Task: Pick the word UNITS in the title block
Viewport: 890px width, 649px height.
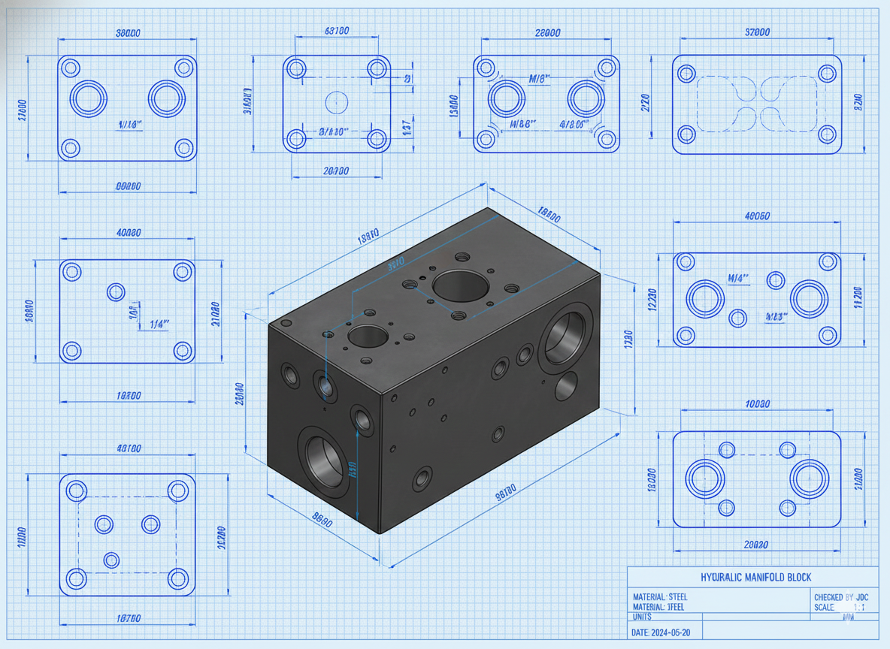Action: coord(643,617)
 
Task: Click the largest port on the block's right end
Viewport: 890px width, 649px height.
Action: coord(567,337)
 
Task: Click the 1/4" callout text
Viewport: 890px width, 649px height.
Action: coord(159,324)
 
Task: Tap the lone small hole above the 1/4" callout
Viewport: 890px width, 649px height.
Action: coord(116,291)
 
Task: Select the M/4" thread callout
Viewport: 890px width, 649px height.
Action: coord(739,278)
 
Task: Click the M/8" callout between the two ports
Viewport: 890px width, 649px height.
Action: coord(540,78)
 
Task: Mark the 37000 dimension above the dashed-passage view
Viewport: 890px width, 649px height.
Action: coord(756,32)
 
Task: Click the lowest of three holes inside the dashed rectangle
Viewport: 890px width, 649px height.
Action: coord(111,560)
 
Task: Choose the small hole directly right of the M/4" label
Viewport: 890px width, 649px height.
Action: coord(776,280)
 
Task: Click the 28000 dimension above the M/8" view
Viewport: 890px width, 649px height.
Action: coord(546,32)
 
